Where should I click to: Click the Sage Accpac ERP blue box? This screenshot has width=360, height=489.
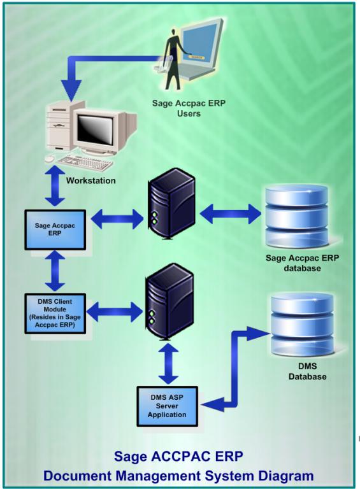[55, 230]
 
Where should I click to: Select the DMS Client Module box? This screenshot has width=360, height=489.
[55, 313]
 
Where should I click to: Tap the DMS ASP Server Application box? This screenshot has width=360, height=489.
[167, 406]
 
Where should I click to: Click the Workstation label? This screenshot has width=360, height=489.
[90, 181]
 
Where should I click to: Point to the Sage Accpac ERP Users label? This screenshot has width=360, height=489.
[189, 108]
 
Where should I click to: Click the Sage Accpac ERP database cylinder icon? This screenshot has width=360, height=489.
[296, 216]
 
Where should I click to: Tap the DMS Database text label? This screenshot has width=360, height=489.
[307, 371]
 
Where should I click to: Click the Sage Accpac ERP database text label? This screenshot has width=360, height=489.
[302, 263]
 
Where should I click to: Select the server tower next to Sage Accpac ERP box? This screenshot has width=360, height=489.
[171, 204]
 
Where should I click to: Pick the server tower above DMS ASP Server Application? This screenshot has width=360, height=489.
[169, 302]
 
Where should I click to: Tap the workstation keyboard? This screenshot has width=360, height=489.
[84, 163]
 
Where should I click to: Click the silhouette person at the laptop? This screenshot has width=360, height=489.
[173, 59]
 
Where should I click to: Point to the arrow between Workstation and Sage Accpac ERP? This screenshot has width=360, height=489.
[55, 186]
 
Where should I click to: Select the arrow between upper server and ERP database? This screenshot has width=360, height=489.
[230, 214]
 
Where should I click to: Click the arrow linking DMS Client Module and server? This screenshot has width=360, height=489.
[114, 311]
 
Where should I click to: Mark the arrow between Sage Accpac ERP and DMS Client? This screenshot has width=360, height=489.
[55, 271]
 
